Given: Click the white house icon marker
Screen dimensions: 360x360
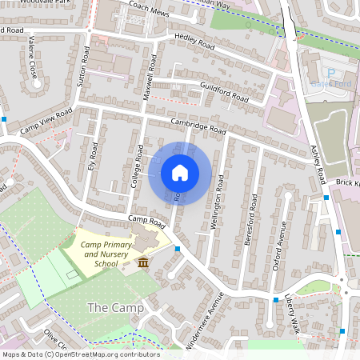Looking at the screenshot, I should [x=180, y=172].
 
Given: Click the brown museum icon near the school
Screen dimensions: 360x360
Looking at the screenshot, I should [x=143, y=262].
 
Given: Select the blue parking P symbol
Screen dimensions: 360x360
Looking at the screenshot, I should [x=332, y=72].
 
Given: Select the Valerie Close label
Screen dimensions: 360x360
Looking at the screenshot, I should [x=33, y=60].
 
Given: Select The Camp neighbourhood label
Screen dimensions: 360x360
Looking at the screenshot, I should [x=115, y=308].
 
